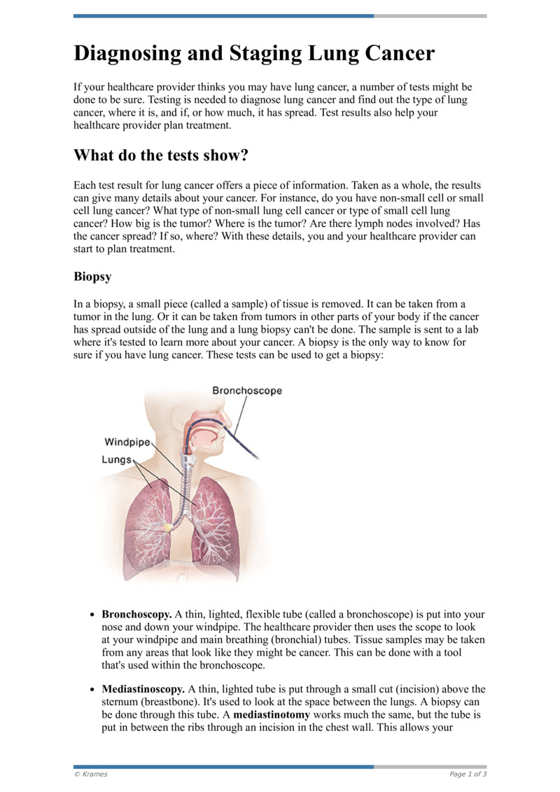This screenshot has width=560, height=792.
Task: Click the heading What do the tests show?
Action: click(161, 155)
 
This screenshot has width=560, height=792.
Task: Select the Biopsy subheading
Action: click(92, 276)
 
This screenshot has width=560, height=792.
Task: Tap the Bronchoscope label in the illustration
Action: click(247, 390)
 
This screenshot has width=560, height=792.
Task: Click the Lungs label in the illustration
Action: click(116, 459)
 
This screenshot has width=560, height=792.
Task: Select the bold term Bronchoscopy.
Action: click(136, 614)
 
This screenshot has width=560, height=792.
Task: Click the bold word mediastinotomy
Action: click(276, 715)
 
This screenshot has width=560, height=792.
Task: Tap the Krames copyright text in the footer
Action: click(91, 774)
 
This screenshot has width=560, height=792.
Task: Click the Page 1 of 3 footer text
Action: click(468, 774)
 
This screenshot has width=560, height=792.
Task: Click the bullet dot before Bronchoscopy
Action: click(92, 615)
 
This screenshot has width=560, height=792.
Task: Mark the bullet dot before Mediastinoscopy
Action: click(92, 690)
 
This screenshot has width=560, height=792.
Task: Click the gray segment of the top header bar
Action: click(430, 15)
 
